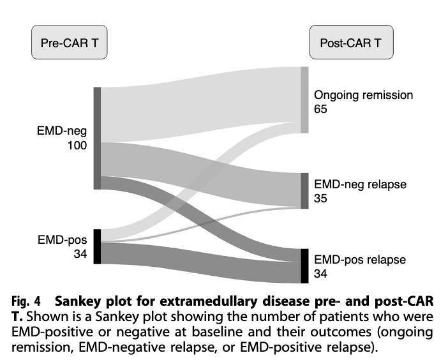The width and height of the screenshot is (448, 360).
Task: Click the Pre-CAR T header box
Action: (x=70, y=42)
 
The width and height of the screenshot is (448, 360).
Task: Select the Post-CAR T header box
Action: (x=352, y=42)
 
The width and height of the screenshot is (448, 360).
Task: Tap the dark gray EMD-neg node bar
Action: (x=98, y=139)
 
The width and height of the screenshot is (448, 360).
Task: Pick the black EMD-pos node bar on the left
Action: (x=98, y=246)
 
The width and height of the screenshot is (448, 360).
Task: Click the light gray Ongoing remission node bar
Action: (x=304, y=100)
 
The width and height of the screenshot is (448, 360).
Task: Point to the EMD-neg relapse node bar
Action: (x=304, y=191)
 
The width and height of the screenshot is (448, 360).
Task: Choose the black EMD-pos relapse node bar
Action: (x=304, y=266)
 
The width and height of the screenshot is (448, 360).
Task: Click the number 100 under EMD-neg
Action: (x=77, y=146)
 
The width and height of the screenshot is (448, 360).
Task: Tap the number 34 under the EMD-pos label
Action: (x=80, y=254)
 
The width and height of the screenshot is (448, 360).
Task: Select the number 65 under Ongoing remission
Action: (x=320, y=109)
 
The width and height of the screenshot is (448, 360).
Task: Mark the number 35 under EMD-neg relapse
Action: (x=320, y=199)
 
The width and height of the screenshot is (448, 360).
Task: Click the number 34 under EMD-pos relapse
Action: (x=320, y=274)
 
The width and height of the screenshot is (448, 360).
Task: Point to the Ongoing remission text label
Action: (x=363, y=96)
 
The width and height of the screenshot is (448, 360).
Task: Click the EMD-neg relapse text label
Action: (x=361, y=184)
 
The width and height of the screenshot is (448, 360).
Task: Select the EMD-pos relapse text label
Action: (x=360, y=260)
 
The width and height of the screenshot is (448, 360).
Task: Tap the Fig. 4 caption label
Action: (x=26, y=302)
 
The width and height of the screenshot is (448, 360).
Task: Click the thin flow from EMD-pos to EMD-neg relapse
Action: (x=200, y=222)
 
